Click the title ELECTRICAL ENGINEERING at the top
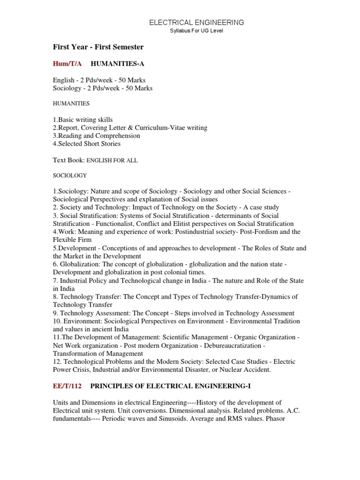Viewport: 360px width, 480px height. tap(196, 22)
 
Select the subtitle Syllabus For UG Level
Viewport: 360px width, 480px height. tap(196, 31)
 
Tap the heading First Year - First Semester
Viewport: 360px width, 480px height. tap(98, 47)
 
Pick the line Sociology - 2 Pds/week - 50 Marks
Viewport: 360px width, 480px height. tap(103, 88)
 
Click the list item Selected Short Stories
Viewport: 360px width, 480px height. tap(87, 143)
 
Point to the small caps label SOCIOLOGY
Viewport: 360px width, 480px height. tap(70, 175)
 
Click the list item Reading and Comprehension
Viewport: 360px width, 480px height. tap(97, 135)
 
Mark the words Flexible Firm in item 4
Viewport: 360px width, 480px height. tap(74, 240)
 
